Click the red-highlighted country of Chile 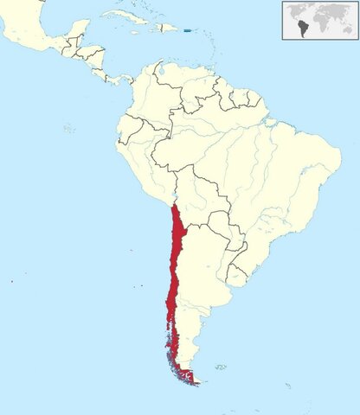point(177,259)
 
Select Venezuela point(195,82)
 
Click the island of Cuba point(130,17)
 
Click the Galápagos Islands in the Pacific point(68,128)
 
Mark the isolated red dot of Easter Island point(13,281)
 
